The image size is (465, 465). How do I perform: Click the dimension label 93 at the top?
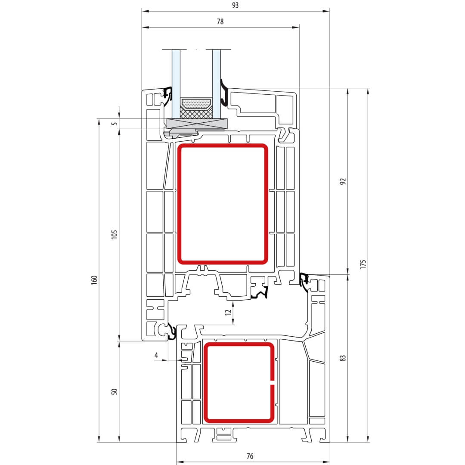[235, 5]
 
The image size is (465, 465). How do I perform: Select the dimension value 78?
[220, 22]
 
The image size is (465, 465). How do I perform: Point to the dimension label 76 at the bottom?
[250, 456]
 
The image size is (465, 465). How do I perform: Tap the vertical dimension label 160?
[94, 280]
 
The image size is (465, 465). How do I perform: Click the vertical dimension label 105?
[114, 234]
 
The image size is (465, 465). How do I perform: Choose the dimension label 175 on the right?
[363, 264]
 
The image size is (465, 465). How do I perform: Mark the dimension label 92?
[343, 181]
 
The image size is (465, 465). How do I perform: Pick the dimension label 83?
[343, 358]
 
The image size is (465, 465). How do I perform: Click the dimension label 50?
[114, 391]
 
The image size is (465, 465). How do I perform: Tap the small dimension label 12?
[228, 312]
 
